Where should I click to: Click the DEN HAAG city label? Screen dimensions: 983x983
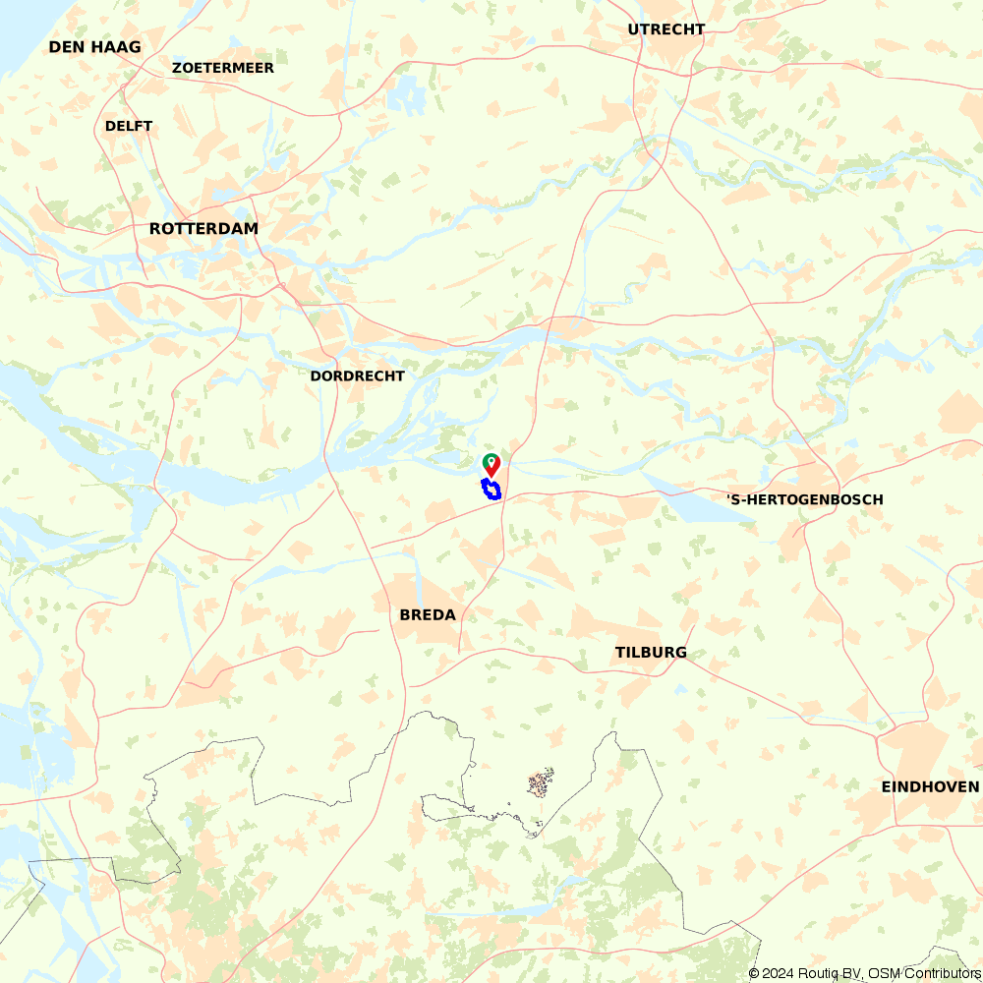tap(94, 47)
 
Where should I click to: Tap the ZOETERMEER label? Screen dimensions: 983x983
tap(222, 68)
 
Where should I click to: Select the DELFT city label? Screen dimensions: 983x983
tap(129, 126)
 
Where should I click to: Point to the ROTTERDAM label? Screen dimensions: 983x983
tap(203, 228)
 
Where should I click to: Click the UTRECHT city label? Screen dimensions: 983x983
tap(665, 29)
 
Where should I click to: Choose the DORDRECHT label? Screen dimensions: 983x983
tap(357, 376)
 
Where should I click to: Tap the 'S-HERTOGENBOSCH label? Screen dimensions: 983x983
tap(804, 499)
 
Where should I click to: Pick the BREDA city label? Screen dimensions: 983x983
tap(428, 615)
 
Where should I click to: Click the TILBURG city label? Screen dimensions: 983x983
tap(651, 653)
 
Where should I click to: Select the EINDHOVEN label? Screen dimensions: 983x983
tap(930, 786)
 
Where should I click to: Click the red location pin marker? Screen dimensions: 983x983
tap(491, 465)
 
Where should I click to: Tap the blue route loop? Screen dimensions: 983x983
tap(491, 490)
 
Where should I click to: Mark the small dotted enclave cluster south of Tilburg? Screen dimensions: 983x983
tap(540, 783)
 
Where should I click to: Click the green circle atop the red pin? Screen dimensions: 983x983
tap(491, 460)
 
